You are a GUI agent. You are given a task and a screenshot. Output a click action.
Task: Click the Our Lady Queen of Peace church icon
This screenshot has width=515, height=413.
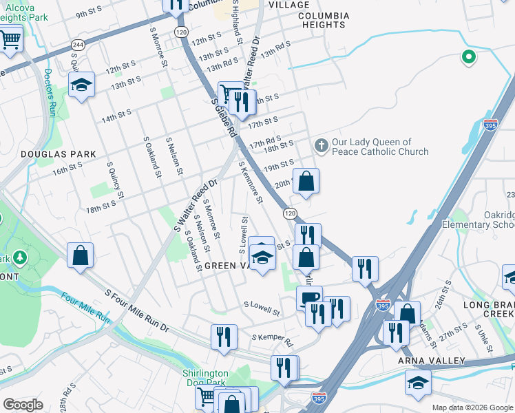tap(321, 146)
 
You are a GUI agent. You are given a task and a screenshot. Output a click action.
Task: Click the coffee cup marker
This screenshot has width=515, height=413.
tap(309, 297)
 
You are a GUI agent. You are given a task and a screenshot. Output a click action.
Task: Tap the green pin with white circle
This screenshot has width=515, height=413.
tap(469, 58)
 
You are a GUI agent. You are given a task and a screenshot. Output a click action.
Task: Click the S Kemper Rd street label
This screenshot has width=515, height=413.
tap(272, 339)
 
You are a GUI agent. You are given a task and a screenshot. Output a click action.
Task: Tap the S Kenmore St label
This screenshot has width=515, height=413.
tap(251, 182)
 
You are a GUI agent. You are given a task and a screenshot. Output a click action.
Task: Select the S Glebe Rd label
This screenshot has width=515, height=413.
tap(224, 118)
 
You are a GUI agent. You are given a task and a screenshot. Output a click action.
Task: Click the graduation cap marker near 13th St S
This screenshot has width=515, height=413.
tap(81, 86)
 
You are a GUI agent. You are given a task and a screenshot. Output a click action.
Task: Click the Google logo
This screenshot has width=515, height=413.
tap(23, 405)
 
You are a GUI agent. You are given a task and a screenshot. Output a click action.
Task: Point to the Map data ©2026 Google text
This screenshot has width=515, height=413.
tap(472, 407)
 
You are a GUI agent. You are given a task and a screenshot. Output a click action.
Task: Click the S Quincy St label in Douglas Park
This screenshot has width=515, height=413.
tap(115, 180)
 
